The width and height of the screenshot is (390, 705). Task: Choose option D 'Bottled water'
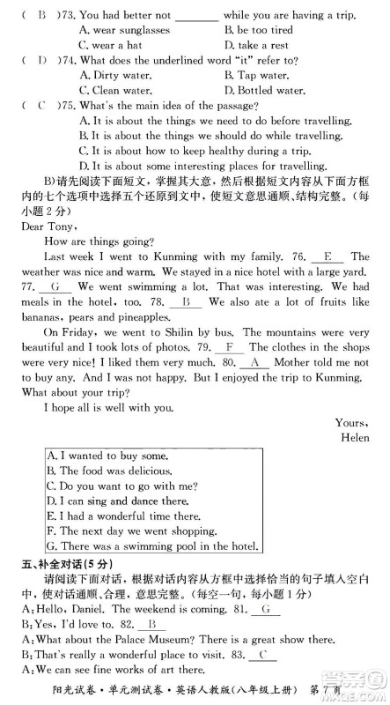267,90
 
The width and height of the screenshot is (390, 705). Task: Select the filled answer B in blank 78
185,301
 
